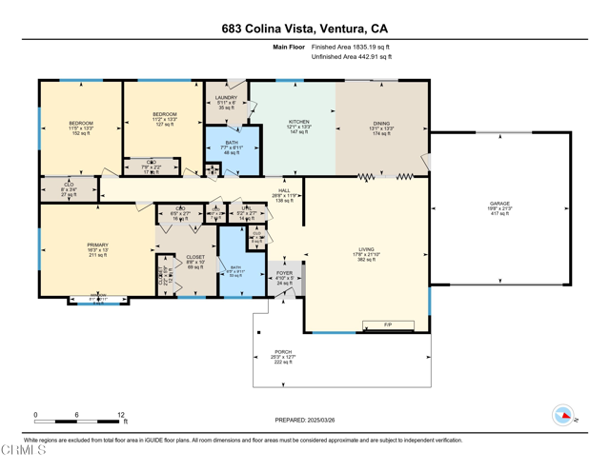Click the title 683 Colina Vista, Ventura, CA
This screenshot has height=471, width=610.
click(304, 29)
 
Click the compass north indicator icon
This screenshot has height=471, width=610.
click(564, 415)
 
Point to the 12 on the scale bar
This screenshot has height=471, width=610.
click(121, 415)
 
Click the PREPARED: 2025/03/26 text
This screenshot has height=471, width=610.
click(304, 420)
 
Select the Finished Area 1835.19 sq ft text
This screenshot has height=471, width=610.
click(351, 47)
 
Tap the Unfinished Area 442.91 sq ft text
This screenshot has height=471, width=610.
click(351, 57)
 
